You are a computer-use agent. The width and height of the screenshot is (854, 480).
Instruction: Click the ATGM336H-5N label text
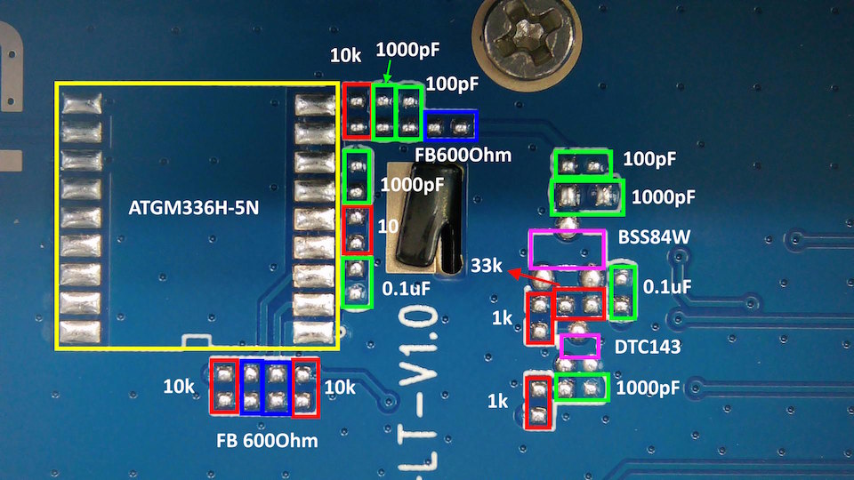pos(193,208)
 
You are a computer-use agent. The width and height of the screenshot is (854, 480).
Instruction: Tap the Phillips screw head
pos(527,38)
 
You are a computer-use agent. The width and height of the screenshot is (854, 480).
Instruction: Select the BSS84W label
pos(654,237)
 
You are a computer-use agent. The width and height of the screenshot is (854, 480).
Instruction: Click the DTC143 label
pos(647,347)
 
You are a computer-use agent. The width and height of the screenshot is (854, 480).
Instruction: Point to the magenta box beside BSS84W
pos(567,231)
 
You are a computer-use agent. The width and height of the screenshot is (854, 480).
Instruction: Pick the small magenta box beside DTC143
pos(580,335)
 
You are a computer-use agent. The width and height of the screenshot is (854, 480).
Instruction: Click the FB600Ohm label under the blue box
pos(463,155)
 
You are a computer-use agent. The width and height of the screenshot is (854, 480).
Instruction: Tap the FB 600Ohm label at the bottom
pos(267,440)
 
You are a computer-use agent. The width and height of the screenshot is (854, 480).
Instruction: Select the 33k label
pos(486,266)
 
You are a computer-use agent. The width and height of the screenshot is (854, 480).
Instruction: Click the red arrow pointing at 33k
pos(534,277)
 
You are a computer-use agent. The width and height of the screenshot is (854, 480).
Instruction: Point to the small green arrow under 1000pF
pos(387,71)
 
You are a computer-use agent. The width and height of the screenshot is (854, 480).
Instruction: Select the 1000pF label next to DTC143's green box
pos(648,388)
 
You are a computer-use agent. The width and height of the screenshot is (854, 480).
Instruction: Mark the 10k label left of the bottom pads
pos(179,387)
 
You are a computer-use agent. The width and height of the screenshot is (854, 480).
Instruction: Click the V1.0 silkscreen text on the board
pos(419,346)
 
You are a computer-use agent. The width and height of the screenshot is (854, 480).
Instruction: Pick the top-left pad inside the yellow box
pos(81,103)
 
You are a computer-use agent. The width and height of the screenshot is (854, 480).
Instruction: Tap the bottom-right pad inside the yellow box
pos(313,332)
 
